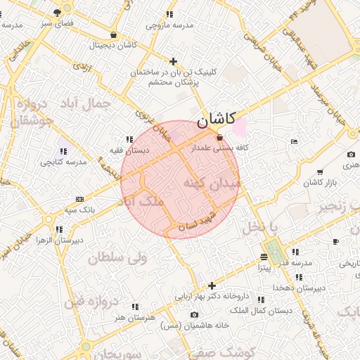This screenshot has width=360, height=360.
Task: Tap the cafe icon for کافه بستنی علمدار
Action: pyautogui.click(x=220, y=137)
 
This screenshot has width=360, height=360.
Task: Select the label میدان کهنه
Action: pyautogui.click(x=212, y=183)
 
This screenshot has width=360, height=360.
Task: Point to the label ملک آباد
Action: pyautogui.click(x=143, y=202)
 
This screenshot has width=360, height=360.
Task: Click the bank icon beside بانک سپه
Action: pyautogui.click(x=79, y=199)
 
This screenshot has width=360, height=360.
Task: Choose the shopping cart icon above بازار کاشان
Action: pyautogui.click(x=320, y=172)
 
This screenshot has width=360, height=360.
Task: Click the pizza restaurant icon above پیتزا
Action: pyautogui.click(x=264, y=257)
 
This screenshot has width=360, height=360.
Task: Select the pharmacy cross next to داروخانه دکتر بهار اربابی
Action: pyautogui.click(x=212, y=285)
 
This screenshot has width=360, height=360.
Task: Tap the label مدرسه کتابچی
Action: pyautogui.click(x=63, y=162)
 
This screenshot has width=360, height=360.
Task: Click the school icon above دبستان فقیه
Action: pyautogui.click(x=129, y=139)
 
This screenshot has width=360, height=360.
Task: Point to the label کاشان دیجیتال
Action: pyautogui.click(x=112, y=44)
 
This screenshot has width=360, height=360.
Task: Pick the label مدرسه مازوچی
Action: pyautogui.click(x=169, y=25)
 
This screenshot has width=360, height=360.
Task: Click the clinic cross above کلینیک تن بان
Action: pyautogui.click(x=174, y=61)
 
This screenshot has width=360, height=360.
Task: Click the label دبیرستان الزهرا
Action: pyautogui.click(x=60, y=240)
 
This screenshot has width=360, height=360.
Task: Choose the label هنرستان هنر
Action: pyautogui.click(x=133, y=318)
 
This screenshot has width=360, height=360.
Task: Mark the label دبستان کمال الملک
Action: pyautogui.click(x=266, y=310)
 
